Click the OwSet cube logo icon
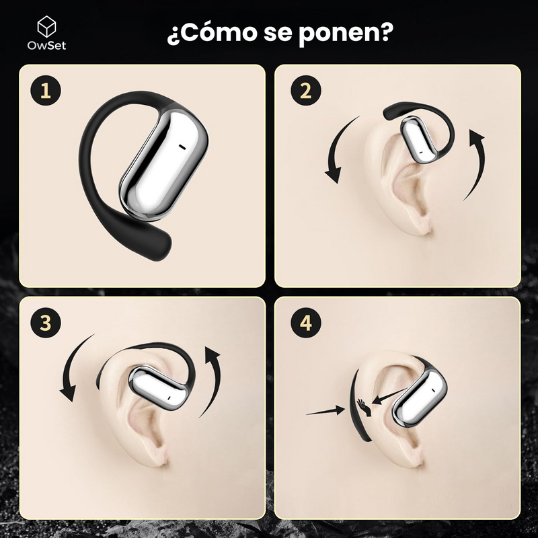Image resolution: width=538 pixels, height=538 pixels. click(x=46, y=27)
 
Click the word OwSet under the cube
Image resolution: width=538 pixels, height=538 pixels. click(x=46, y=46)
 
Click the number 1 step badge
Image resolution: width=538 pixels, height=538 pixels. click(x=46, y=91)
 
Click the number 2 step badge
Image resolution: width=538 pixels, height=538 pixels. click(x=305, y=91)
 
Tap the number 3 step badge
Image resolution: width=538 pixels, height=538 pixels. click(x=46, y=322)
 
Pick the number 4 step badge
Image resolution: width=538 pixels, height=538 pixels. click(x=305, y=322)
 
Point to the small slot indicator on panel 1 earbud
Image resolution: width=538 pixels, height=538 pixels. click(x=181, y=145)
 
